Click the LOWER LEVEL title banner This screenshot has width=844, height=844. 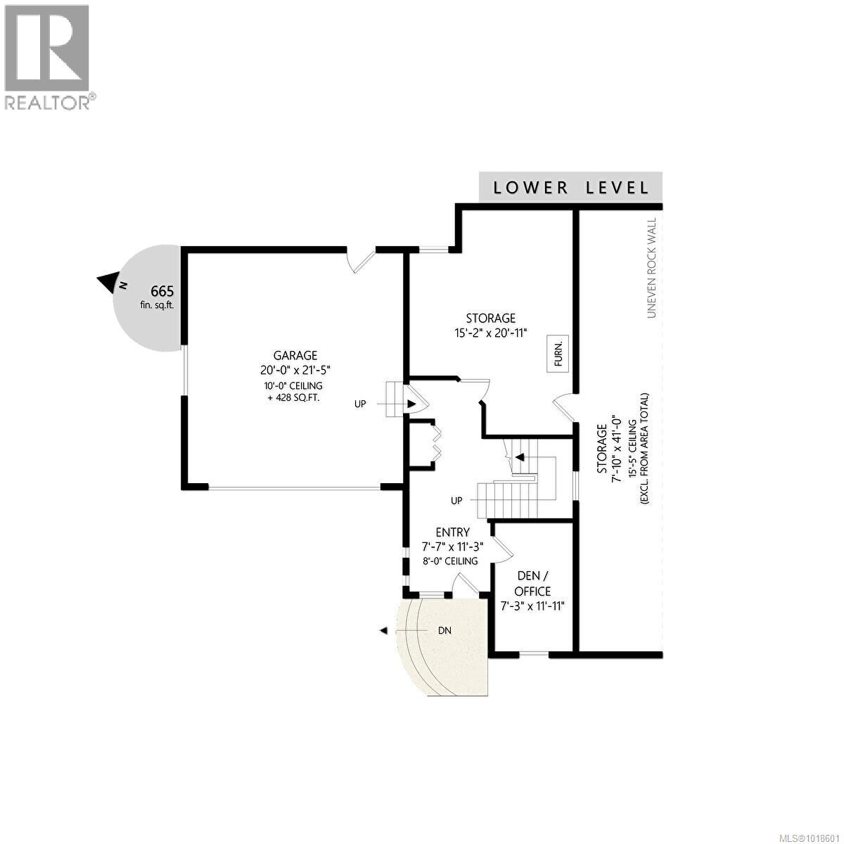click(x=570, y=187)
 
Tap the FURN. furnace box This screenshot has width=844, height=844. click(x=558, y=354)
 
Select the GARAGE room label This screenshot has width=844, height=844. click(x=295, y=356)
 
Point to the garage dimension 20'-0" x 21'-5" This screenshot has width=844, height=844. click(x=295, y=371)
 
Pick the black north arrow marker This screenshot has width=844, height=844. click(x=108, y=283)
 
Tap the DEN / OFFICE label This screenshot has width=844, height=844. click(x=533, y=584)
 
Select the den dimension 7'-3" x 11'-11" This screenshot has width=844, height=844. click(x=533, y=606)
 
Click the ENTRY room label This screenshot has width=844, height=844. click(x=452, y=532)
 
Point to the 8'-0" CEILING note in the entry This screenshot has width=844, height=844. click(x=450, y=561)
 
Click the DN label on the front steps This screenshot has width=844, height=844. click(x=444, y=631)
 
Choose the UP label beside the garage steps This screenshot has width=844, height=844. click(x=360, y=404)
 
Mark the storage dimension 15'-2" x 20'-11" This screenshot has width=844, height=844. click(x=491, y=333)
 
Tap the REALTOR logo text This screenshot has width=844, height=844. click(x=48, y=103)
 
